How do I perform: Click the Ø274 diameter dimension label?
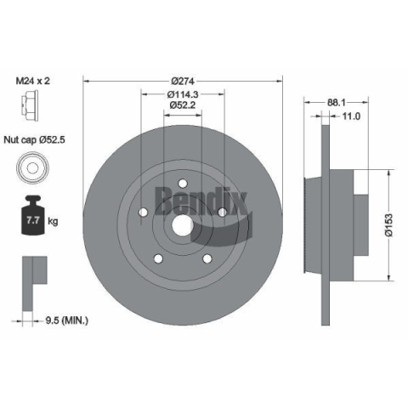(183, 82)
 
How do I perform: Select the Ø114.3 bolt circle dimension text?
(183, 93)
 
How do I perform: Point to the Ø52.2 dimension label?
(183, 105)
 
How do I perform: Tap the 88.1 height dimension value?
(337, 103)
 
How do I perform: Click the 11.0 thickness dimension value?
(351, 116)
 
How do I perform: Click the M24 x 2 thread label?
(33, 81)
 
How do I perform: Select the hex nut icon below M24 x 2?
(30, 105)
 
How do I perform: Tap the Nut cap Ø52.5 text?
(34, 139)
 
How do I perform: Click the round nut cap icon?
(32, 167)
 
